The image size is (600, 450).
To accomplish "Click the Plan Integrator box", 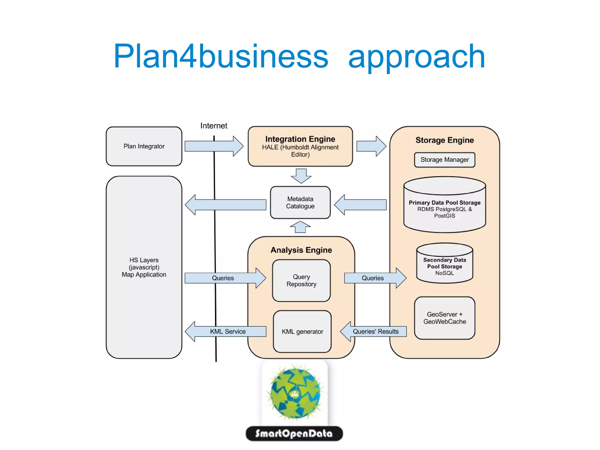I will [x=144, y=146].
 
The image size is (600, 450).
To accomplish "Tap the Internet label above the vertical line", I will [x=214, y=126].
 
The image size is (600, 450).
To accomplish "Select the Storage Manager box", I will [x=444, y=160].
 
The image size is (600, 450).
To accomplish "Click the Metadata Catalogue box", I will [x=300, y=203].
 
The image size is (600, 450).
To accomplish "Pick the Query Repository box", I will [x=301, y=281].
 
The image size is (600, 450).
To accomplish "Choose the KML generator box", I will [x=302, y=332].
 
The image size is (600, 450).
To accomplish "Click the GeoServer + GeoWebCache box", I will [x=444, y=318].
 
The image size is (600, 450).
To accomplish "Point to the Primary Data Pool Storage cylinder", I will [x=444, y=205].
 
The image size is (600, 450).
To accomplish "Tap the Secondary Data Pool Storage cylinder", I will [x=444, y=264].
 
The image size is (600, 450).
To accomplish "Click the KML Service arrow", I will [x=226, y=332].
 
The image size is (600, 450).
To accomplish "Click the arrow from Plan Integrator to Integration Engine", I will [x=214, y=146].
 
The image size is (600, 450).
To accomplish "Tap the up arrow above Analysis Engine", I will [x=300, y=227].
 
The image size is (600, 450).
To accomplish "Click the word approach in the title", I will [x=416, y=56].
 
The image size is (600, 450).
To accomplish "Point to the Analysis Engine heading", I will [x=301, y=250].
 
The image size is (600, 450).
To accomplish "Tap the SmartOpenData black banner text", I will [x=294, y=434].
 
